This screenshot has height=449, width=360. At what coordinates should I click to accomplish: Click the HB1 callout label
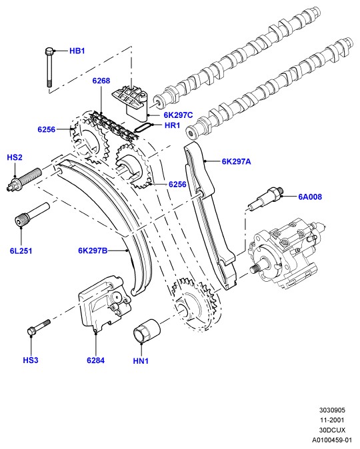click(77, 51)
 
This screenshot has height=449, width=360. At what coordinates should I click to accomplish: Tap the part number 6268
click(101, 81)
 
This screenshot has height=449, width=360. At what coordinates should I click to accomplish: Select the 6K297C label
click(178, 115)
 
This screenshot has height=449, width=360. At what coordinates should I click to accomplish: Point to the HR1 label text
click(172, 125)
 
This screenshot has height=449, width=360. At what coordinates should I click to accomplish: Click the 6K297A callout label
click(236, 162)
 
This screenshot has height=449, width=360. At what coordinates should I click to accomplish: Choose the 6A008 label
click(310, 197)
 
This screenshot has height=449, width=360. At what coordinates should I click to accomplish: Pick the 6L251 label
click(21, 251)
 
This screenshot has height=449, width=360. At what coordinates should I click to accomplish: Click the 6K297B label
click(93, 250)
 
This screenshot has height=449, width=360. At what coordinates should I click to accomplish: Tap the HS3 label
click(31, 360)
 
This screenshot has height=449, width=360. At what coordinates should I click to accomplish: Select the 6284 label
click(96, 360)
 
